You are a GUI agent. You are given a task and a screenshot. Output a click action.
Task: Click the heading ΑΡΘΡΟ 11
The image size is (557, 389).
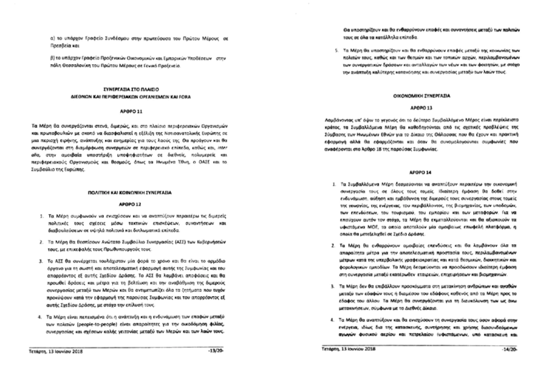130,111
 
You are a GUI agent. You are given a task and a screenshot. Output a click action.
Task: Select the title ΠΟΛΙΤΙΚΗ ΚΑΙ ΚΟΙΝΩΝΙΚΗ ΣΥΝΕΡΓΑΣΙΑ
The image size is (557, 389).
130,192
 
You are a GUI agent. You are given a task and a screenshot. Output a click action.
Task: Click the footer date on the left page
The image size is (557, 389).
56,352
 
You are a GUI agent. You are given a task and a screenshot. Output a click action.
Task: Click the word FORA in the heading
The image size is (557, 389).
185,96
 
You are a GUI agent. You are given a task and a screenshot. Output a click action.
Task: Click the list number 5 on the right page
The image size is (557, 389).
333,50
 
